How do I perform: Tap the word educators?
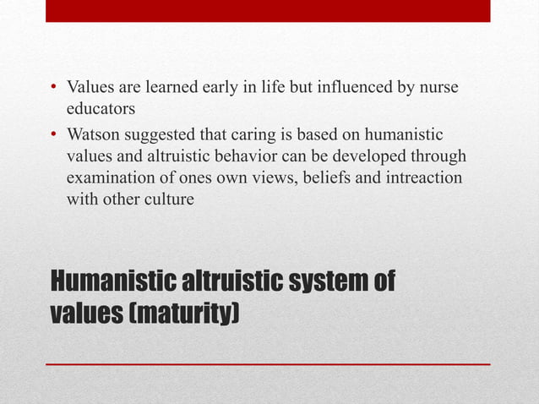pyautogui.click(x=101, y=108)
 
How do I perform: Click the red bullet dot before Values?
pyautogui.click(x=54, y=88)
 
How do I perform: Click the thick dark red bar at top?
pyautogui.click(x=268, y=10)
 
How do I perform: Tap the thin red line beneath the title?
pyautogui.click(x=268, y=364)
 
